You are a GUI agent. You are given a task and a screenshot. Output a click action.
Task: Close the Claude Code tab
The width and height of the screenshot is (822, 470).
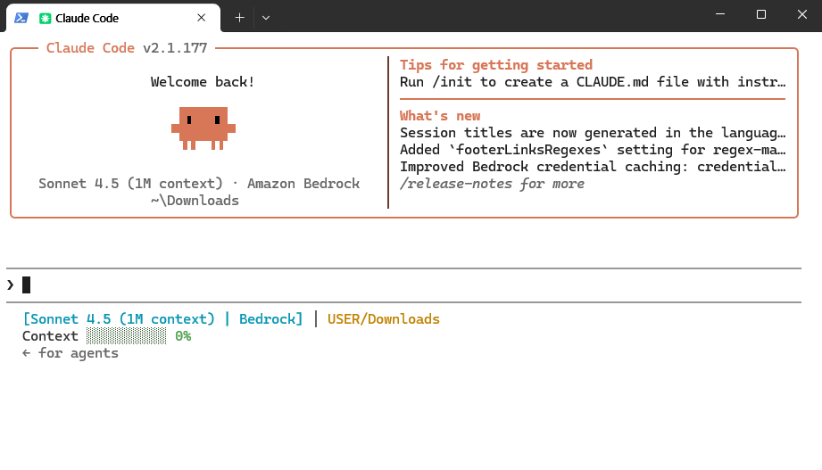[x=202, y=18]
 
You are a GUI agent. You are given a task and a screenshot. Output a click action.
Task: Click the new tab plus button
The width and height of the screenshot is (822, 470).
[x=239, y=18]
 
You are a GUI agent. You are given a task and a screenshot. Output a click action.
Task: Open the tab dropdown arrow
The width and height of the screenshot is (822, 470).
[x=266, y=18]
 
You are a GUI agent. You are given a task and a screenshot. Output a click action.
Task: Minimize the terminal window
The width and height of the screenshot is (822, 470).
[x=720, y=14]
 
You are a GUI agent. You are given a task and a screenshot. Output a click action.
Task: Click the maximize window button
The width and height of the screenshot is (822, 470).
[x=761, y=14]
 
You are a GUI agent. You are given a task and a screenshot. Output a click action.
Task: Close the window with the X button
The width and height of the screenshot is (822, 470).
[x=802, y=14]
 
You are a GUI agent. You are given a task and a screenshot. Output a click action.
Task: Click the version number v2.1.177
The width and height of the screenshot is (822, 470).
[x=175, y=48]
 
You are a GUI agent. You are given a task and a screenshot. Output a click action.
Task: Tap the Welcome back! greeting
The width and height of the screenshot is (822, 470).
[x=203, y=82]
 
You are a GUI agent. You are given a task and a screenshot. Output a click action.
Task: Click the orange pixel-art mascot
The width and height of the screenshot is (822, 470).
[x=203, y=128]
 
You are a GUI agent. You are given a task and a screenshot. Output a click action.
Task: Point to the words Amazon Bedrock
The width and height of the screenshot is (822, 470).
[x=303, y=184]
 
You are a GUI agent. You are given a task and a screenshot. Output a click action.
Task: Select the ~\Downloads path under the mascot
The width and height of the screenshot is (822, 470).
[x=195, y=200]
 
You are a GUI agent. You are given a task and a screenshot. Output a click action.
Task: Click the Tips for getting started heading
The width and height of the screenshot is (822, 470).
[x=496, y=65]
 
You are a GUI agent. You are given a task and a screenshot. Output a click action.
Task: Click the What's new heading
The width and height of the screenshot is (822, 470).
[x=440, y=116]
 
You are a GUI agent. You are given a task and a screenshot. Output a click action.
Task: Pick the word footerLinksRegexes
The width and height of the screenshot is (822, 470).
[x=527, y=150]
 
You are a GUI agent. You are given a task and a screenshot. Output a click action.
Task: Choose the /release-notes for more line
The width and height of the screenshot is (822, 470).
[x=492, y=184]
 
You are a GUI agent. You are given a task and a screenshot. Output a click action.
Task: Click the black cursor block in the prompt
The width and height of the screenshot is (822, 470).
[x=26, y=285]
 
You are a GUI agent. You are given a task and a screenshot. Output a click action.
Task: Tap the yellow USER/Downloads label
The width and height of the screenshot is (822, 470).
[x=383, y=319]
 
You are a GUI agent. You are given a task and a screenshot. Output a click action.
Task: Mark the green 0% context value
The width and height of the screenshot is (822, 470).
[x=183, y=336]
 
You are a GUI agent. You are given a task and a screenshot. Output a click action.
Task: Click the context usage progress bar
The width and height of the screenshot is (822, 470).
[x=127, y=336]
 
